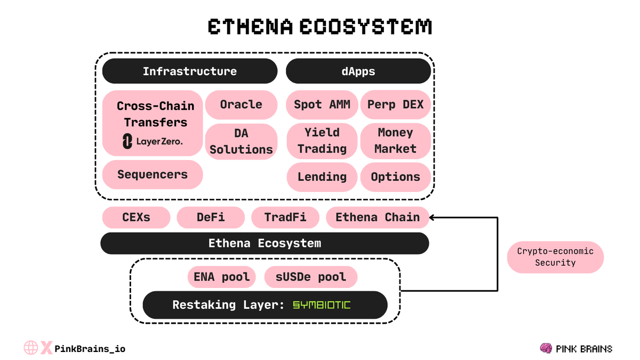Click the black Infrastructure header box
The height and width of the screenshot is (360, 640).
click(x=190, y=71)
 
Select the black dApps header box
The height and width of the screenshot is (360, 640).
click(x=358, y=71)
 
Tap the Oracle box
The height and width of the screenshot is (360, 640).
click(x=241, y=105)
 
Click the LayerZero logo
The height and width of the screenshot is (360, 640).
click(x=153, y=141)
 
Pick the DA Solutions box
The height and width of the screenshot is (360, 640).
click(x=241, y=142)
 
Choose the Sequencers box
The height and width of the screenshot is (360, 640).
click(x=153, y=174)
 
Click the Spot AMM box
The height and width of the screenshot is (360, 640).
click(x=322, y=105)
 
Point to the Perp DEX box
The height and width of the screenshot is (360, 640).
click(x=396, y=105)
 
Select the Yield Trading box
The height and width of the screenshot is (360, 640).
click(x=322, y=141)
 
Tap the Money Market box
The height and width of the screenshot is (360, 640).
click(x=396, y=141)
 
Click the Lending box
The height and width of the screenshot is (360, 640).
click(x=322, y=177)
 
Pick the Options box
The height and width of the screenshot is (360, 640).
click(x=396, y=177)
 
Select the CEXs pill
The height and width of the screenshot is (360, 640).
click(x=136, y=218)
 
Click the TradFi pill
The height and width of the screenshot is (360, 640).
click(x=285, y=218)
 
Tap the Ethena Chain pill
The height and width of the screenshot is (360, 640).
click(x=378, y=218)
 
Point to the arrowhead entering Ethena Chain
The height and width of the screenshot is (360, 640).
click(x=433, y=217)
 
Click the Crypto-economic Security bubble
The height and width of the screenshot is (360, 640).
click(x=555, y=257)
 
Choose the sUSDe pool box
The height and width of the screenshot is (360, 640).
click(x=311, y=277)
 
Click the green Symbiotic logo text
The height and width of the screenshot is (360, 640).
click(x=322, y=305)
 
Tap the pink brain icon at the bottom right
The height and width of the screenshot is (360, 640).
click(x=546, y=349)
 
